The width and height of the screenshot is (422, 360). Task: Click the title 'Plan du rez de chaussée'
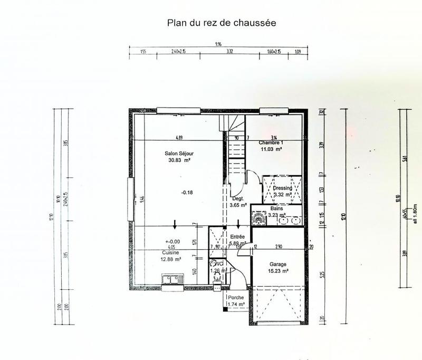(x=222, y=23)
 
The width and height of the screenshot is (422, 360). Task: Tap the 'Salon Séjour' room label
(x=179, y=153)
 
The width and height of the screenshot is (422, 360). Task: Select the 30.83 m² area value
(x=179, y=160)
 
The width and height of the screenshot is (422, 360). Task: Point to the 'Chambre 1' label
(x=271, y=143)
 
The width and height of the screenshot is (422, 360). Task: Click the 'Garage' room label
(x=277, y=264)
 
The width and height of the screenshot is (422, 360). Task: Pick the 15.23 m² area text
(x=277, y=271)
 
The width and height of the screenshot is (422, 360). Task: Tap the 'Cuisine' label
(x=171, y=253)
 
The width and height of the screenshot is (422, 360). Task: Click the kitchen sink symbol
(x=171, y=278)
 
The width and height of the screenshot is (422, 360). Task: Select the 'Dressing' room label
(x=282, y=188)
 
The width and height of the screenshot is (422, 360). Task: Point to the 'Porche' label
(x=236, y=298)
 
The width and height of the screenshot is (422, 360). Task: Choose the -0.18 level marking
(x=187, y=192)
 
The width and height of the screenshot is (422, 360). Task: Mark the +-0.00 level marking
(x=172, y=241)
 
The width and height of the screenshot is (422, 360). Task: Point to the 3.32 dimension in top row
(x=229, y=52)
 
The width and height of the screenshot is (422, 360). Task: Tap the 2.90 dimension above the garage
(x=278, y=247)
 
